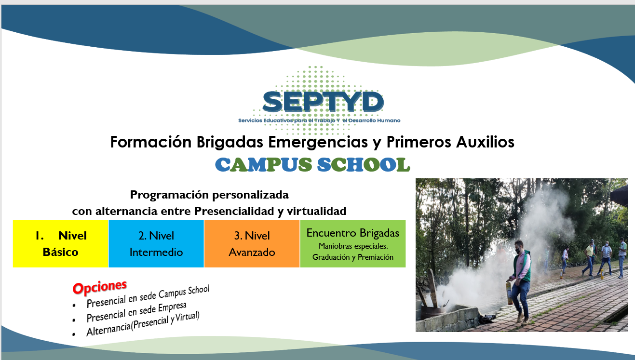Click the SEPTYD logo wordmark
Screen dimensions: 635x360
tap(323, 101)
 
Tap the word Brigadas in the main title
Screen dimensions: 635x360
tap(230, 142)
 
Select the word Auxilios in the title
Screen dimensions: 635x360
tap(485, 142)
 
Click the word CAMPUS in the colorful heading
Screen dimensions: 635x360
tap(263, 164)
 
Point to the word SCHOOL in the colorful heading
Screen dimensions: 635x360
tap(364, 164)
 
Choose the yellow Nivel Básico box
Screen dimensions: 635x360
tap(60, 243)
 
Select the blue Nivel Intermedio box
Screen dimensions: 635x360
tap(156, 243)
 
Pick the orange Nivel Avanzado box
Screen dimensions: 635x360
tap(252, 243)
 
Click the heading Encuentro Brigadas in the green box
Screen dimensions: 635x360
tap(352, 233)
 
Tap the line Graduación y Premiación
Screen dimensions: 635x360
tap(352, 257)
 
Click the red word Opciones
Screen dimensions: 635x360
tap(99, 287)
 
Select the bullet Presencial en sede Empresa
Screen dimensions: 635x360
tap(136, 312)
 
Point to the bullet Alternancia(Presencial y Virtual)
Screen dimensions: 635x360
tap(143, 324)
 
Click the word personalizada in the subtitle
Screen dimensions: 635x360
tap(250, 195)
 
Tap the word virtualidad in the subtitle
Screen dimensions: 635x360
tap(316, 211)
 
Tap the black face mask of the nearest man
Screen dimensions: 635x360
tap(518, 251)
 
